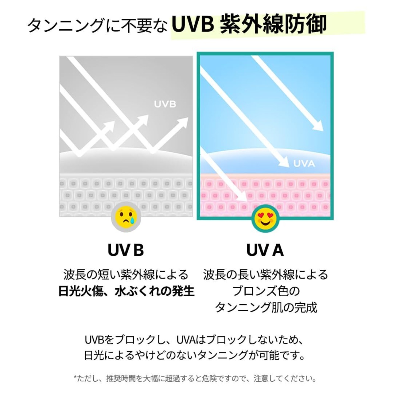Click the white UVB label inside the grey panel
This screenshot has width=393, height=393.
pos(165,104)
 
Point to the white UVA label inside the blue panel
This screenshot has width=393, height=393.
pos(304,163)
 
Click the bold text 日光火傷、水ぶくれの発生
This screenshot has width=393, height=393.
pos(126,291)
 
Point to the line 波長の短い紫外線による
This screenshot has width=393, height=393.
pos(126,274)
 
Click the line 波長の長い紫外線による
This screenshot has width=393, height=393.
pos(266,274)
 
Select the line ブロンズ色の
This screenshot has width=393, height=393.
pos(266,291)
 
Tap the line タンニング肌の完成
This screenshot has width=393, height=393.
pos(266,307)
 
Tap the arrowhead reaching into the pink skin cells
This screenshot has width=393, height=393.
pos(243,198)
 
